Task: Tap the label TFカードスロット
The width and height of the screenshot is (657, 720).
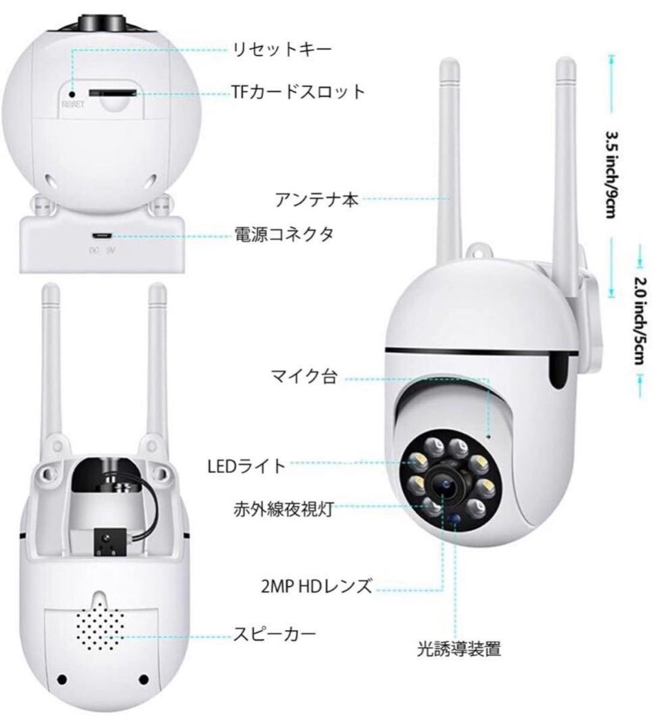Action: pos(298,92)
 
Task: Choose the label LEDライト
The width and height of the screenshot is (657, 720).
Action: pos(247,466)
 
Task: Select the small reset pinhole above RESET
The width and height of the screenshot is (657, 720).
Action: pos(73,93)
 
